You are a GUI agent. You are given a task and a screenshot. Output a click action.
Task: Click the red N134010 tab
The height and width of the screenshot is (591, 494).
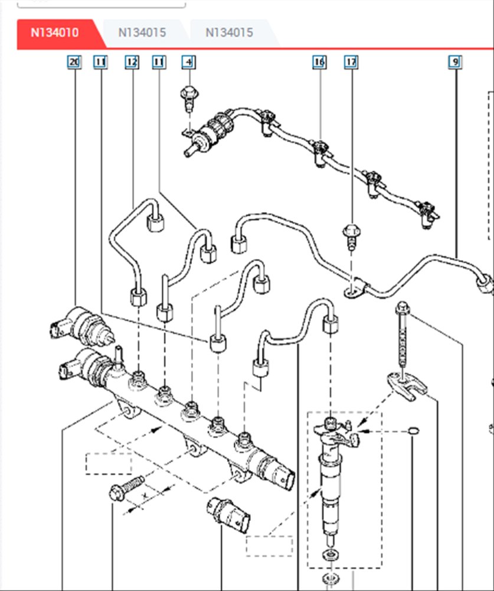click(x=54, y=33)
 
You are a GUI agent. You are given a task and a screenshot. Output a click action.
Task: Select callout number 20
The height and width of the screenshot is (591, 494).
click(x=74, y=61)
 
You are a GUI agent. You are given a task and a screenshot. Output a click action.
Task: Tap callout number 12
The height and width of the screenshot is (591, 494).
click(x=132, y=61)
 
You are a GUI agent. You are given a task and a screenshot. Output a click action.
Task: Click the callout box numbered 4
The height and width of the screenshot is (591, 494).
click(x=188, y=61)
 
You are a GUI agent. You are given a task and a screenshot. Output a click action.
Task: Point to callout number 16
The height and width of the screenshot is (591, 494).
click(x=319, y=61)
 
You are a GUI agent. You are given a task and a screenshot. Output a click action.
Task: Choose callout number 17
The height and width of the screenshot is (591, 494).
click(x=351, y=61)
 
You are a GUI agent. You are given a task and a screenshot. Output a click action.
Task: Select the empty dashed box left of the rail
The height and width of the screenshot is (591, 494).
click(x=108, y=463)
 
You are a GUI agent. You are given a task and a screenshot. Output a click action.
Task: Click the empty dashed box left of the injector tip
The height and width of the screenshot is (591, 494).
click(x=269, y=545)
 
